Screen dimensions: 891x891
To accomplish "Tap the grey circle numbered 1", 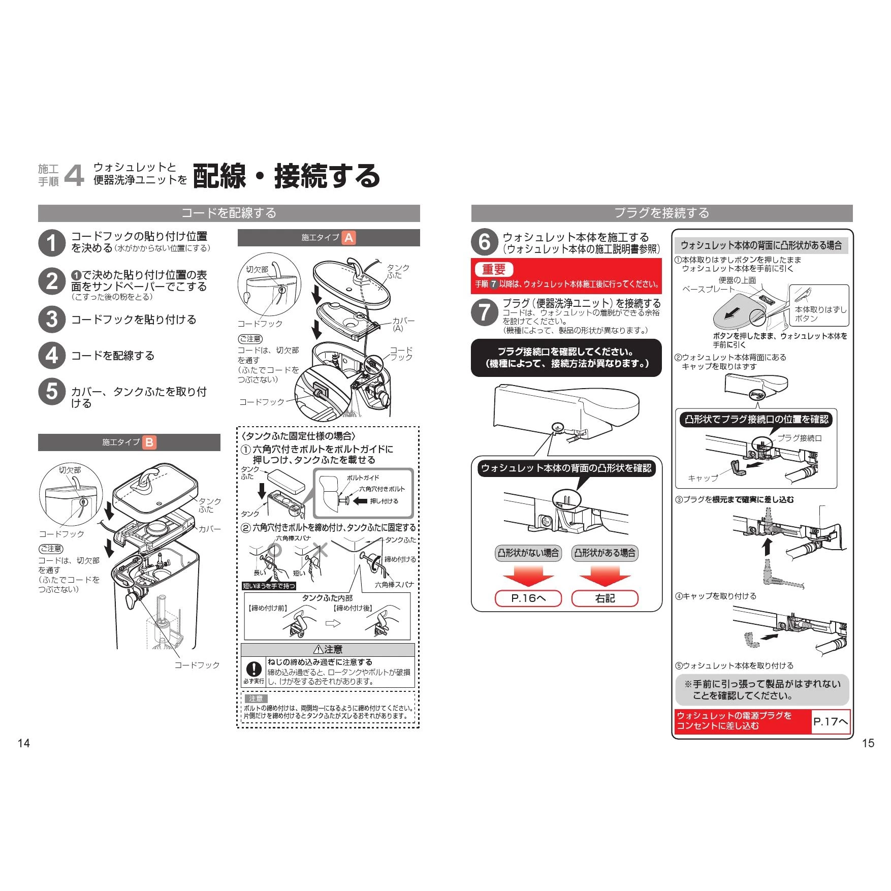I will click(52, 242).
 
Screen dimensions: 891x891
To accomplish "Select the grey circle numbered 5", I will click(52, 392).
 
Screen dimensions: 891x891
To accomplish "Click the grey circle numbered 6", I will click(484, 242).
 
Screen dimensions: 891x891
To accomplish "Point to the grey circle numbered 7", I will click(484, 312).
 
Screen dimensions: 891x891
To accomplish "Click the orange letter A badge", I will click(348, 238).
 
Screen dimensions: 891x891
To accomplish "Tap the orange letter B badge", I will click(149, 442).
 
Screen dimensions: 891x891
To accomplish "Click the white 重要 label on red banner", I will click(494, 269).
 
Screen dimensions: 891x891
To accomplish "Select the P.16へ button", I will click(528, 598).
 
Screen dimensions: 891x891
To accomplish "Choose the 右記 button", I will click(604, 598).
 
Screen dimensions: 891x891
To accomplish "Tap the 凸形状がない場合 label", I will click(528, 553).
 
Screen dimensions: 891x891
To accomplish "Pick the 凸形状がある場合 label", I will click(604, 553).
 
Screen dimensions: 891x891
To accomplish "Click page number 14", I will click(24, 743).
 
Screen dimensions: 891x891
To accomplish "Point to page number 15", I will click(868, 743).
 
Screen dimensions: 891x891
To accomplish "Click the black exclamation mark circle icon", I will click(253, 669).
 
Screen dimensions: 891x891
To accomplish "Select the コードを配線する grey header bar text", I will click(229, 213).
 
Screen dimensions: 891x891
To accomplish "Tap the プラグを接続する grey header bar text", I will click(661, 213).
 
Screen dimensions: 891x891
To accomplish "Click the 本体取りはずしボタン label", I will click(820, 314).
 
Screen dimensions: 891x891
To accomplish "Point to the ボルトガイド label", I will click(363, 478).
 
